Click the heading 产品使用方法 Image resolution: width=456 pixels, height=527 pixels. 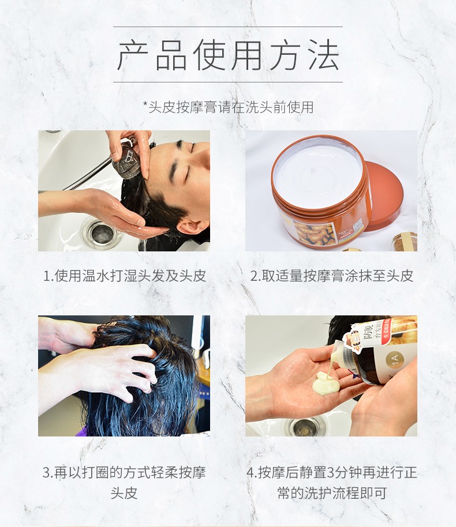point(228,54)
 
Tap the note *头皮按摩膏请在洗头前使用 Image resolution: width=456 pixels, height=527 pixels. point(228,107)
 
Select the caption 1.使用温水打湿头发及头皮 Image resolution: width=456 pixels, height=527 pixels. point(124,276)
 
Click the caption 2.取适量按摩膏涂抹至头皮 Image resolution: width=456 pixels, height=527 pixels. point(331,276)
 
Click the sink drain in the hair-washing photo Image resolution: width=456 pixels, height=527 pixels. point(100,232)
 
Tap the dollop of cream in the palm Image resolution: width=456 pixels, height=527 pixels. point(326,384)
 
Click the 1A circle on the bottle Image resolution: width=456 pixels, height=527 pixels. point(395,360)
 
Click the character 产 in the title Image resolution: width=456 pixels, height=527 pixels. point(132,55)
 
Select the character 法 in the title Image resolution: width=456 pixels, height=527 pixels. point(323,55)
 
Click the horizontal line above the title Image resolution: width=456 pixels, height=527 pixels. point(228,27)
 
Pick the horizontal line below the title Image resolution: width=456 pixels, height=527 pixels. point(228,82)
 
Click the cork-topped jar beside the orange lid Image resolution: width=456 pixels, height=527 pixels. point(405,242)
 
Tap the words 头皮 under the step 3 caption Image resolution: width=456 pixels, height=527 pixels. point(124,493)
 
